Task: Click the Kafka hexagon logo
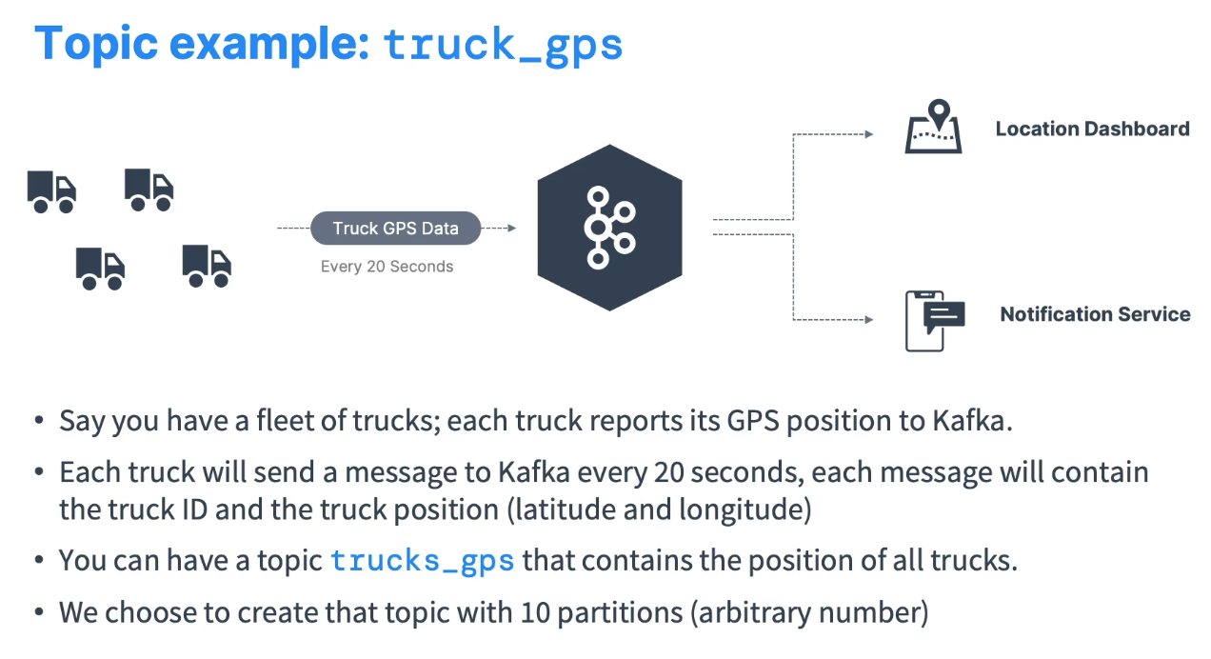click(x=609, y=228)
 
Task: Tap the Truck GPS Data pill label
click(x=395, y=229)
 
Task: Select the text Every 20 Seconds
click(x=387, y=267)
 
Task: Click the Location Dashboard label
click(x=1092, y=129)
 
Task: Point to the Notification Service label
click(x=1095, y=314)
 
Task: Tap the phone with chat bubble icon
click(x=933, y=320)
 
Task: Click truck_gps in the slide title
click(x=503, y=45)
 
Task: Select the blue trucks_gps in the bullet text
click(x=422, y=561)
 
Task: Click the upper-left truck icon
click(x=51, y=191)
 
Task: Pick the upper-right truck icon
click(x=149, y=190)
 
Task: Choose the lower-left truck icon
click(x=101, y=269)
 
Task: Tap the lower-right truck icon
click(x=207, y=266)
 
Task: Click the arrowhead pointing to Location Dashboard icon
click(x=868, y=134)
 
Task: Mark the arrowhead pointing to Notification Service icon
click(x=868, y=320)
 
